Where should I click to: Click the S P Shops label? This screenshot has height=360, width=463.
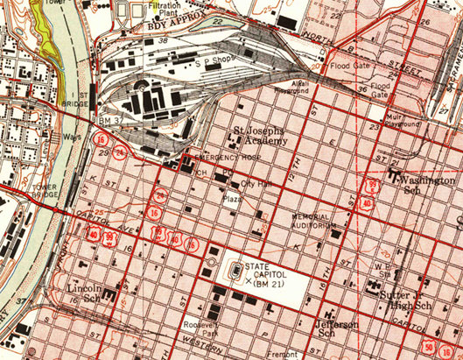click(213, 64)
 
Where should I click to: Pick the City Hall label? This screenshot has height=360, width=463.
click(257, 184)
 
